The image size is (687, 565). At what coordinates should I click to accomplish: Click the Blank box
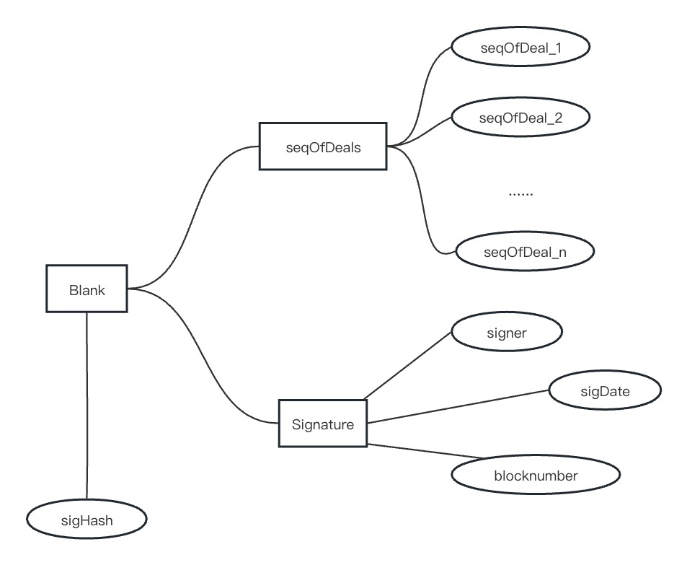[x=87, y=289]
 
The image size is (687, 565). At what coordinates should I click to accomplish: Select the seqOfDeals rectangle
[x=322, y=146]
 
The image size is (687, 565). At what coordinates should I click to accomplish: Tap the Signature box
[x=322, y=424]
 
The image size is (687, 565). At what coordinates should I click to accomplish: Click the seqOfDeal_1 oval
[x=520, y=47]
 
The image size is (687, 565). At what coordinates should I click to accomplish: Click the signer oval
[x=507, y=334]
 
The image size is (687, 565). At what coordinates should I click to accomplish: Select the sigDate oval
[x=605, y=391]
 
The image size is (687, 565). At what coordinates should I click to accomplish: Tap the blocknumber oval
[x=536, y=476]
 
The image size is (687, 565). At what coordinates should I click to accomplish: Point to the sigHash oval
[x=87, y=518]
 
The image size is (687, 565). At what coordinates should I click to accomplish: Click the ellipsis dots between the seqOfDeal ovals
[x=520, y=193]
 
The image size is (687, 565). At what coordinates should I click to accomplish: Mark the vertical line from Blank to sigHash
[x=87, y=404]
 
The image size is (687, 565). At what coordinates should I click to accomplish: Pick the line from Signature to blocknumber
[x=425, y=450]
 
